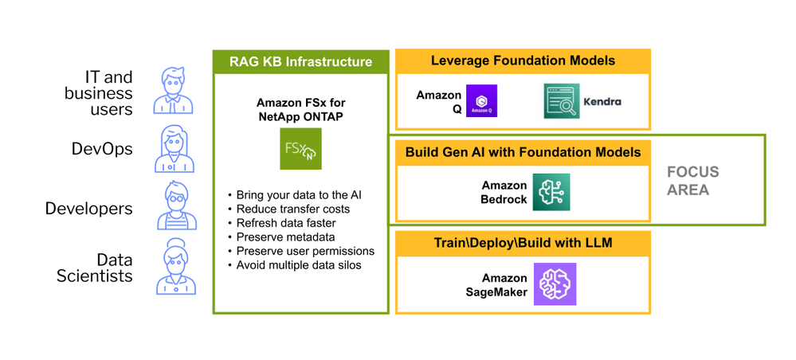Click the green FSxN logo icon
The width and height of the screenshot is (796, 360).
pos(300,149)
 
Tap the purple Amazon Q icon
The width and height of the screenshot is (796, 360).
pos(481,101)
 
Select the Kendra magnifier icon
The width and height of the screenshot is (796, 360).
pos(562,101)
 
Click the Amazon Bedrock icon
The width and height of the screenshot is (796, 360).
pos(551,192)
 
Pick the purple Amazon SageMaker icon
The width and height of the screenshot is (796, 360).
pos(555,284)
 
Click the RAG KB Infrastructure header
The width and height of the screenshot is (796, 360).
pos(300,61)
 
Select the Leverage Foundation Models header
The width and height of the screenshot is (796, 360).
pos(523,61)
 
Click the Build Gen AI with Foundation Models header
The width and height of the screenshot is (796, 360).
pos(523,151)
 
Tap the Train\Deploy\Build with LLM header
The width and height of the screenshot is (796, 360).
pos(523,243)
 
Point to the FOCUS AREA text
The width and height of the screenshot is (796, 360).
pos(692,181)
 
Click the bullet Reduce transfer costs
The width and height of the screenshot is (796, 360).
pos(293,209)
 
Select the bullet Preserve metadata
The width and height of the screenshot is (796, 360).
pos(285,237)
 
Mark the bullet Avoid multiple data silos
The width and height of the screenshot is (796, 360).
pos(299,264)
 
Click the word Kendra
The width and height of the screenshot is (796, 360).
pos(602,101)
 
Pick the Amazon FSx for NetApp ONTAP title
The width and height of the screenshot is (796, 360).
pos(300,110)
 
